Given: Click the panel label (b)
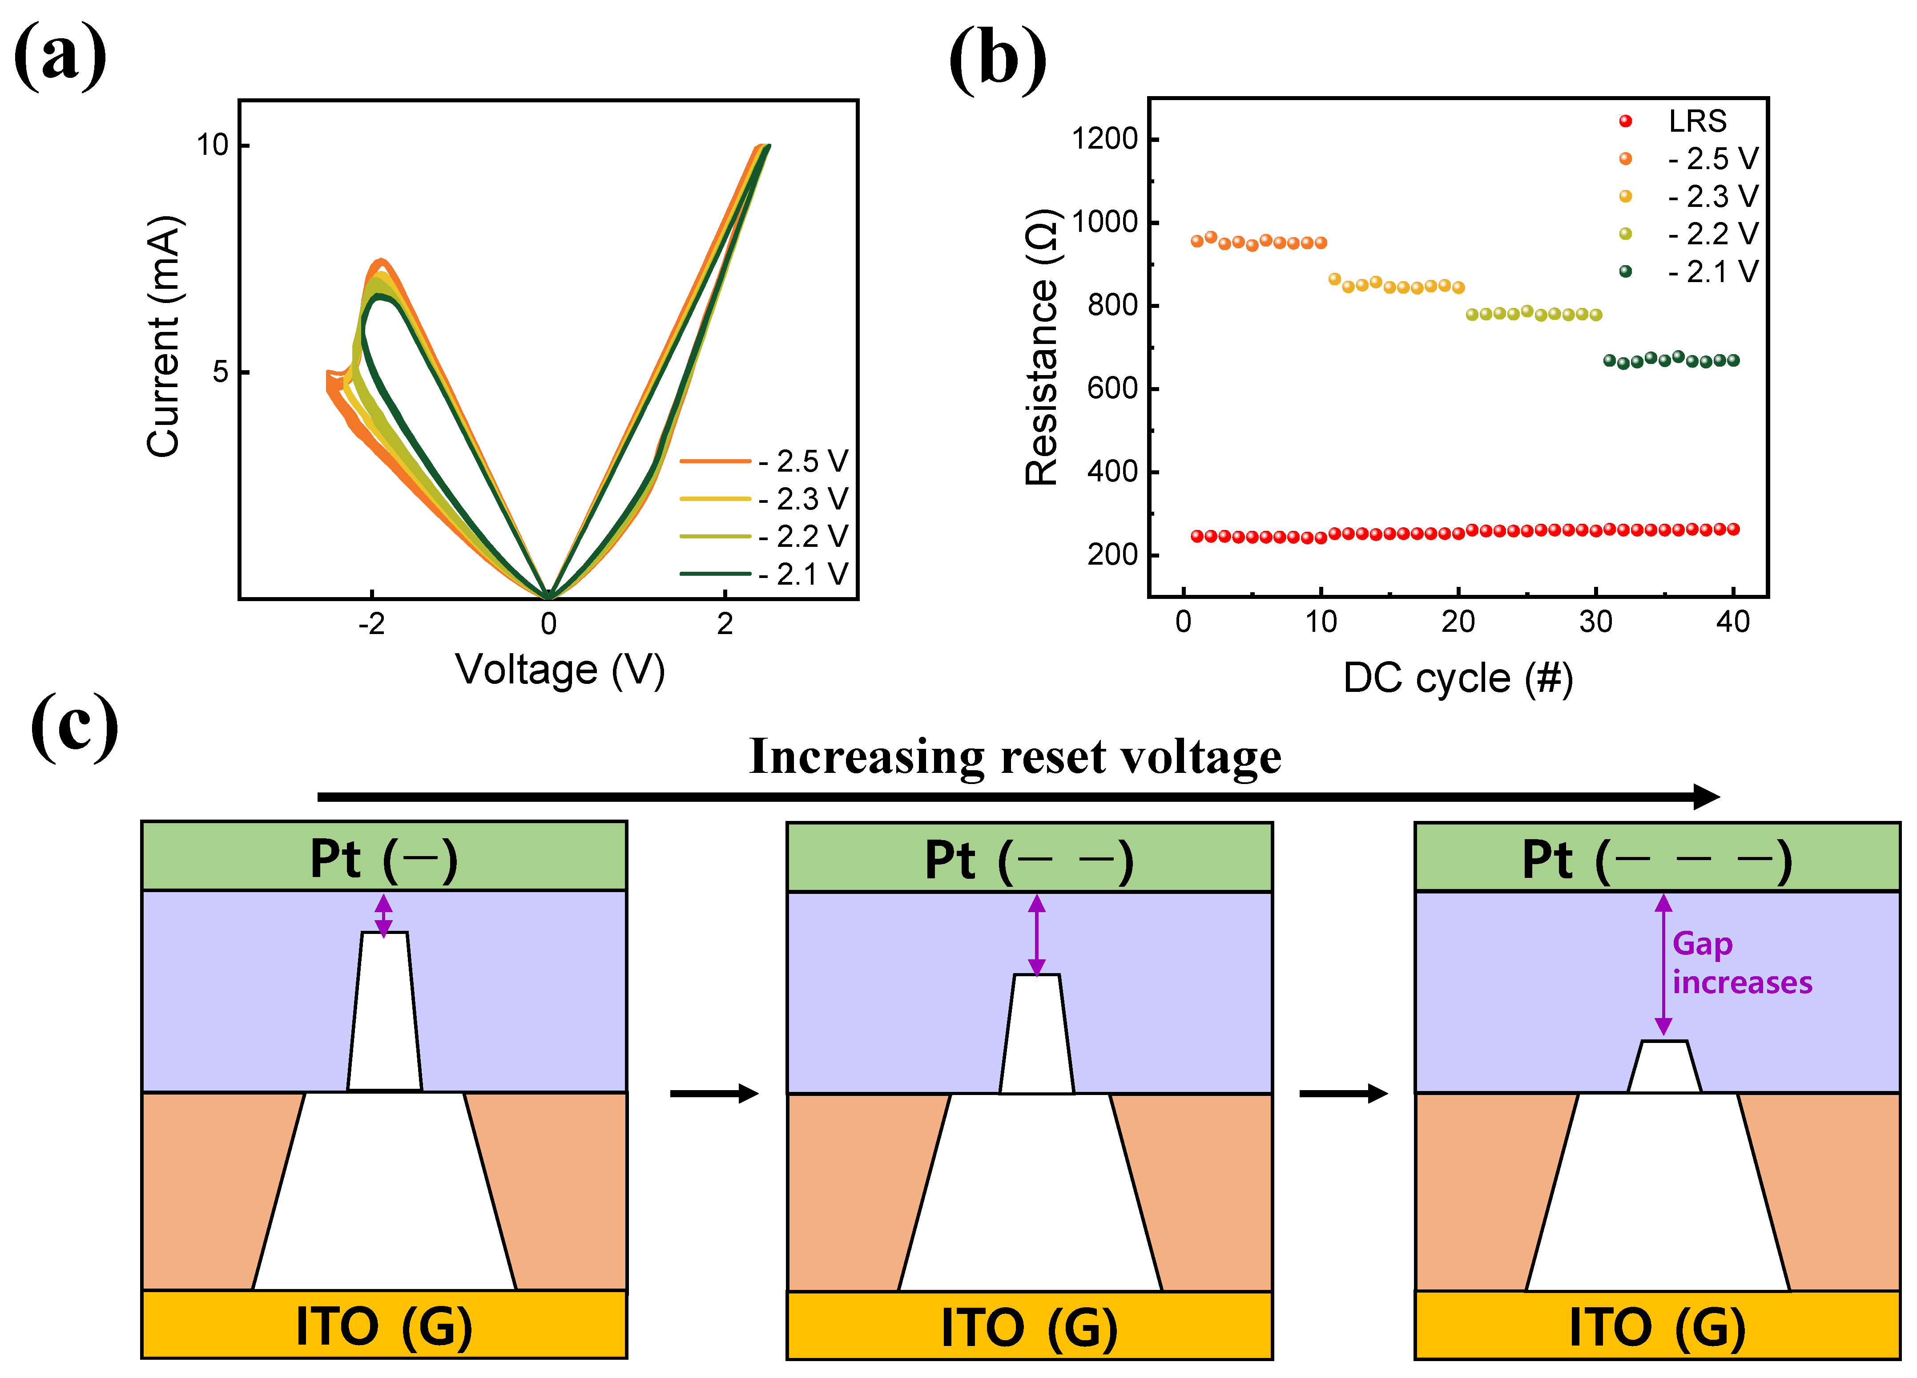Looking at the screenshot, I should tap(997, 59).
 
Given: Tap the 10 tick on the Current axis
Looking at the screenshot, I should tap(213, 145).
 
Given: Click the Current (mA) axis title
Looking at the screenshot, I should tap(163, 336).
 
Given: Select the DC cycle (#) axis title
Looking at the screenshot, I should tap(1458, 678).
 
